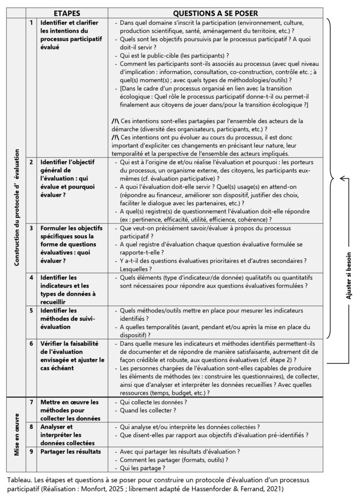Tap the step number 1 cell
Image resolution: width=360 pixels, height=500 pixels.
coord(31,23)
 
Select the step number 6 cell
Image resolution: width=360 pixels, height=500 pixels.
coord(31,344)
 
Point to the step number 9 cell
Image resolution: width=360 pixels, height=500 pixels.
coord(31,451)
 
